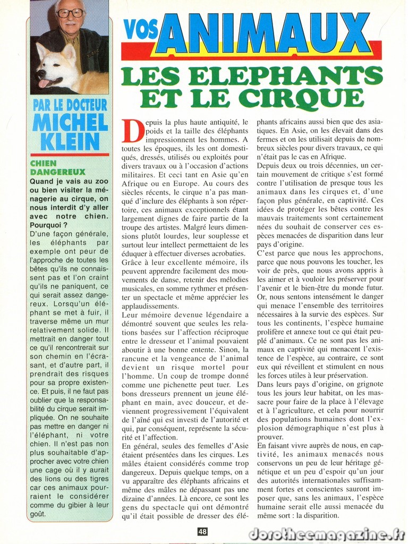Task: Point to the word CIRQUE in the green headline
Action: coord(300,98)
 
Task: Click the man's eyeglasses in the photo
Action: coord(70,13)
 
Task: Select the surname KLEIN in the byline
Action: coord(70,141)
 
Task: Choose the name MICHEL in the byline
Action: coord(70,122)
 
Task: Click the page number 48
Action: coord(202,531)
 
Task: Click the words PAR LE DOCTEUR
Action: coord(70,105)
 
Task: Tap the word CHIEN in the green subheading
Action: coord(43,164)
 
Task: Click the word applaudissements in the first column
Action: coord(150,306)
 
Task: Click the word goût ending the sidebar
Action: coord(38,514)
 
